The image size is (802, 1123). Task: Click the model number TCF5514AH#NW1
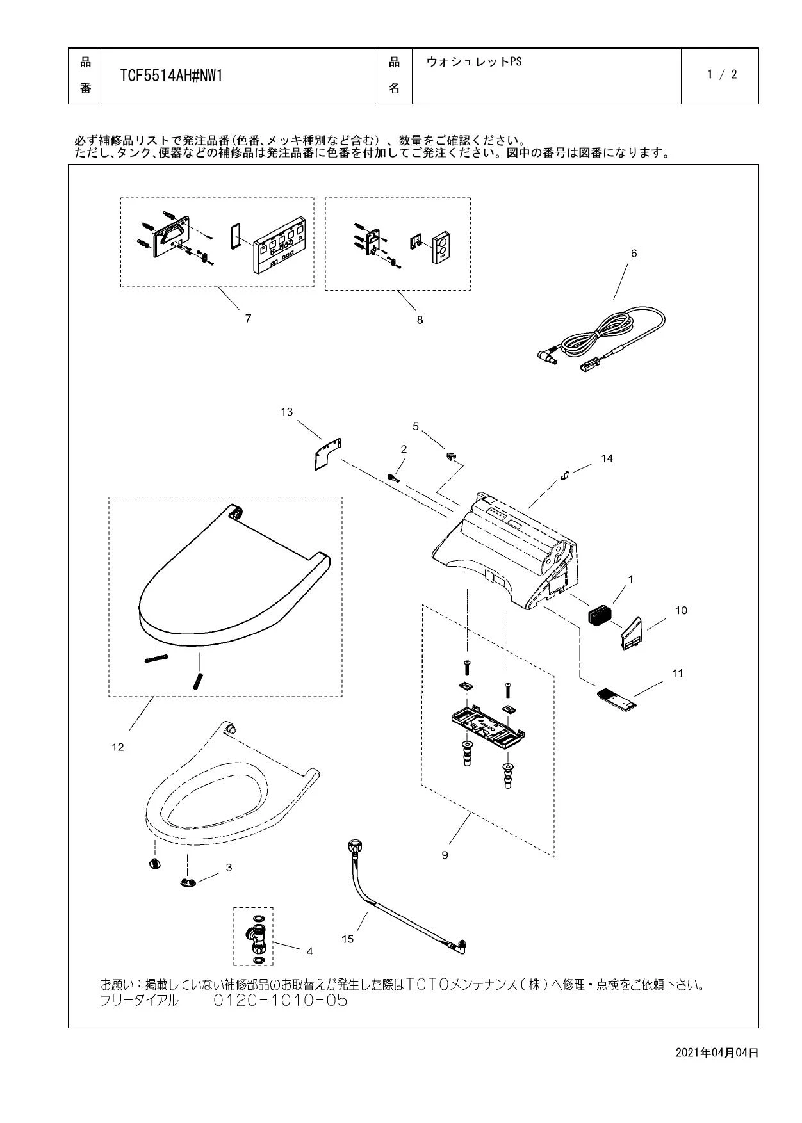(x=171, y=76)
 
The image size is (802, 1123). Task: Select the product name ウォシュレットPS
(x=474, y=61)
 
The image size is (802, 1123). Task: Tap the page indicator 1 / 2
(x=722, y=74)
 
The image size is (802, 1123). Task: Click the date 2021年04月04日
(x=717, y=1053)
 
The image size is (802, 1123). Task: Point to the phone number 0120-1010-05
(x=280, y=1000)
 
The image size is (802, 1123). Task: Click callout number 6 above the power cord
(x=634, y=254)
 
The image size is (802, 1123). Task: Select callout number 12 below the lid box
(x=118, y=747)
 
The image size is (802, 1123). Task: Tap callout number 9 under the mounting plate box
(x=445, y=855)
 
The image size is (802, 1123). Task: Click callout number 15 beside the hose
(x=347, y=939)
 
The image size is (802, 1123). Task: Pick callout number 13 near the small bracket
(x=286, y=412)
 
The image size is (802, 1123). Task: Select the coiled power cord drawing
(x=602, y=339)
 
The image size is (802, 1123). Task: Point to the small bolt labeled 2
(x=393, y=477)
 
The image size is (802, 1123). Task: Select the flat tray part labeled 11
(x=617, y=699)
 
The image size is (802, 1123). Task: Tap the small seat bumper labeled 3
(x=186, y=884)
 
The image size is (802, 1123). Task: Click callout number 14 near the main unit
(x=607, y=458)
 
